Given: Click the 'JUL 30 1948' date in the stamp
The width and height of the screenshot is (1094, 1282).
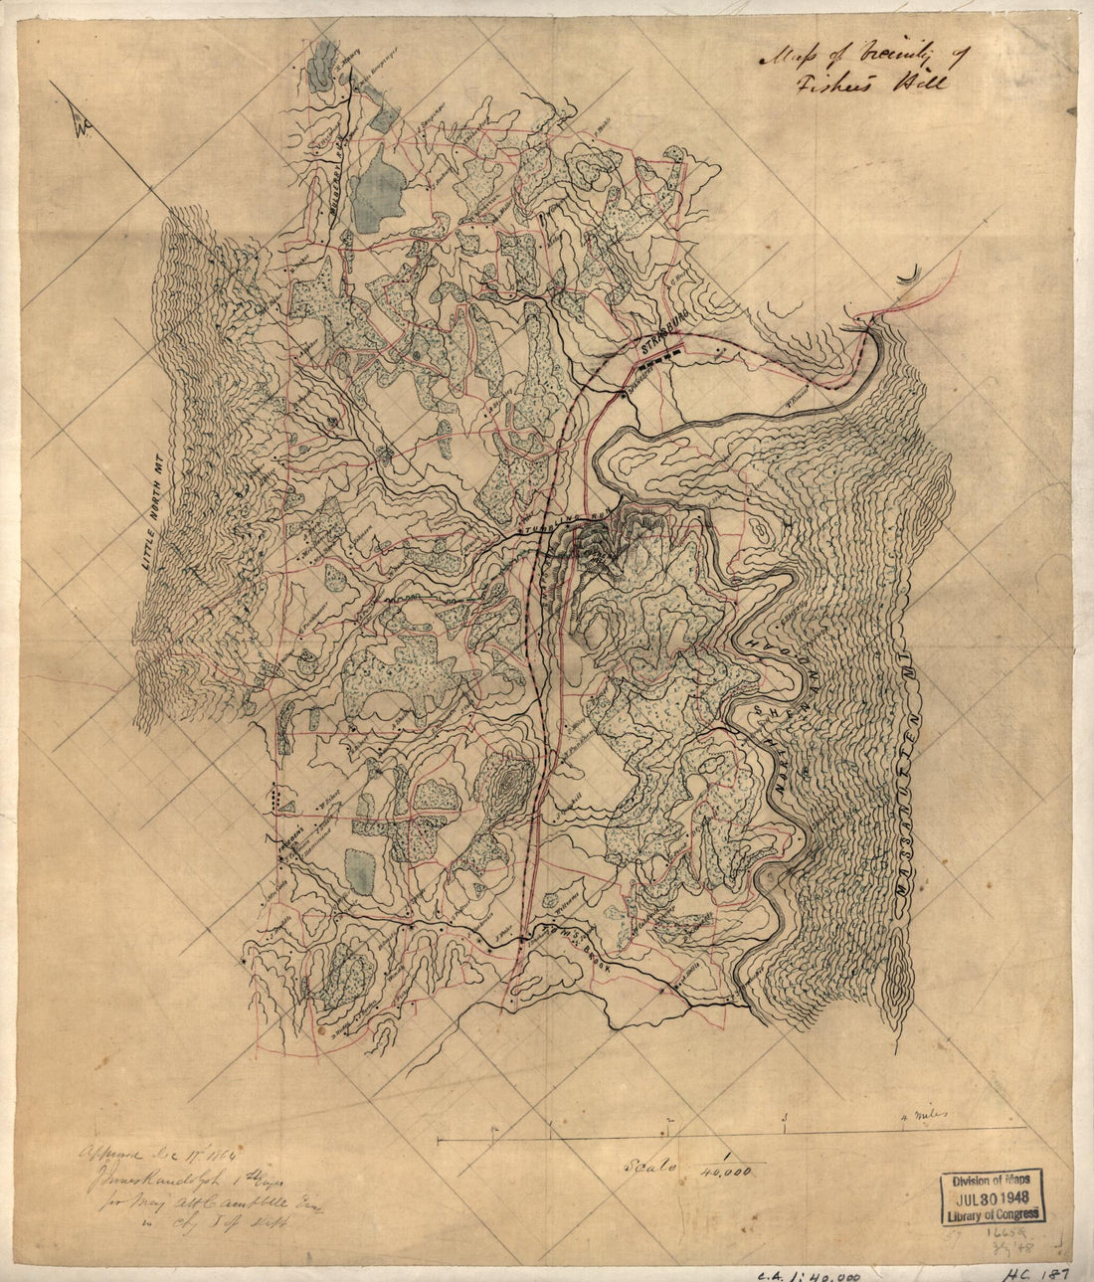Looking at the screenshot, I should tap(992, 1195).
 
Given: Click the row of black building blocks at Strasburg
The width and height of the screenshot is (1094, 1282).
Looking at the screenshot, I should tap(662, 360).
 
